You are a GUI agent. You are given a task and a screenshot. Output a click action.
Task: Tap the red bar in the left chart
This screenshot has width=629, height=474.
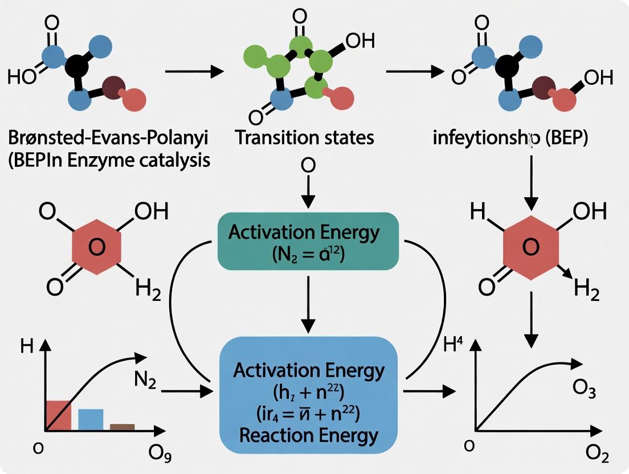click(x=58, y=415)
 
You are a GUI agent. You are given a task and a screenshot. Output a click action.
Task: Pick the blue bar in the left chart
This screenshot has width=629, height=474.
click(x=91, y=419)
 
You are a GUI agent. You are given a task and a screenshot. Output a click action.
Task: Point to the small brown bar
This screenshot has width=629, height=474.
click(x=122, y=426)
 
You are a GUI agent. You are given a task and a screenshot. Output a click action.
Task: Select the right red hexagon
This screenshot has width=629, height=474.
click(x=530, y=247)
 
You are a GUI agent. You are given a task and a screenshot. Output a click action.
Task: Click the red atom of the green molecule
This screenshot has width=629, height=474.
click(x=341, y=98)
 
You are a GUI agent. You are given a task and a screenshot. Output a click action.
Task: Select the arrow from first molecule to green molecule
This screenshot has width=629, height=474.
click(x=194, y=72)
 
